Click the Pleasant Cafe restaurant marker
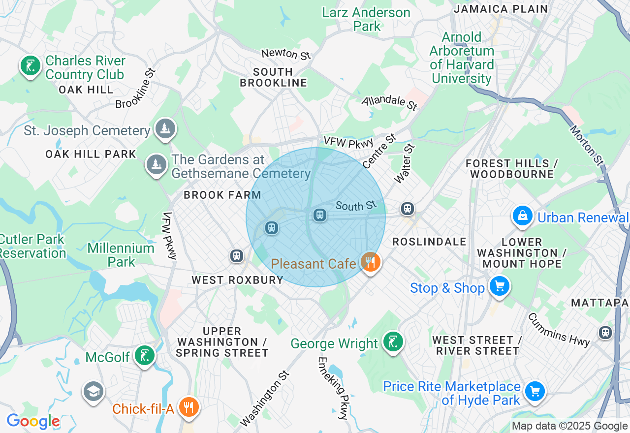pos(371,262)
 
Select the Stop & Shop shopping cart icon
pos(499,286)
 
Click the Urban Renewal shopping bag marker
pos(523,216)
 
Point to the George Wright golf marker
pos(393,341)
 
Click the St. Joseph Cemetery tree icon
pos(165,129)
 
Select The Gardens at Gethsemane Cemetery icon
pos(157,164)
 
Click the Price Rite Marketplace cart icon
pos(535,392)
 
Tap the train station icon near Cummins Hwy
pos(605,333)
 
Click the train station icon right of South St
pos(407,209)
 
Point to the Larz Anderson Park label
pos(366,19)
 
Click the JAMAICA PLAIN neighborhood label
pos(501,9)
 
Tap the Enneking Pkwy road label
pos(333,388)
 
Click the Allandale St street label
pos(389,103)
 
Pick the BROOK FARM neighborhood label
pos(222,195)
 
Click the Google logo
pos(33,422)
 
